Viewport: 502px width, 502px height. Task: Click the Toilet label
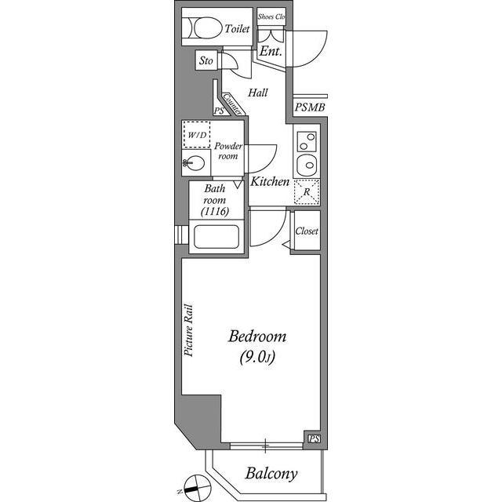[x=237, y=29]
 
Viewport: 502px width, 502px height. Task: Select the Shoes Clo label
[x=271, y=16]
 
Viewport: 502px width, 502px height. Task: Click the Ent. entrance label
[x=271, y=53]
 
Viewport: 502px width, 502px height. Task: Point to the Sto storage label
[x=206, y=60]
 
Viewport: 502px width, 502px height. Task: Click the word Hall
[x=258, y=93]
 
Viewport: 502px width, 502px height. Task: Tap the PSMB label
[x=309, y=107]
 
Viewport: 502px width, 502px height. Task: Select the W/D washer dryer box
[x=197, y=135]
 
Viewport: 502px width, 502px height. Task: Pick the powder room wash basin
[x=196, y=164]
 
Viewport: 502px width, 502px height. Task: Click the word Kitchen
[x=270, y=182]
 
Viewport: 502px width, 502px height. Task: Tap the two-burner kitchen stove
[x=307, y=142]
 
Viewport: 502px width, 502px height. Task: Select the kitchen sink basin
[x=307, y=166]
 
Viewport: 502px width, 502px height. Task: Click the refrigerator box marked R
[x=307, y=191]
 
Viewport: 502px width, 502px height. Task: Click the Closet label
[x=307, y=231]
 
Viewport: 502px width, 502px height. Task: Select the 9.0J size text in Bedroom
[x=257, y=358]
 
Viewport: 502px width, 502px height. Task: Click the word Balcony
[x=271, y=474]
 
